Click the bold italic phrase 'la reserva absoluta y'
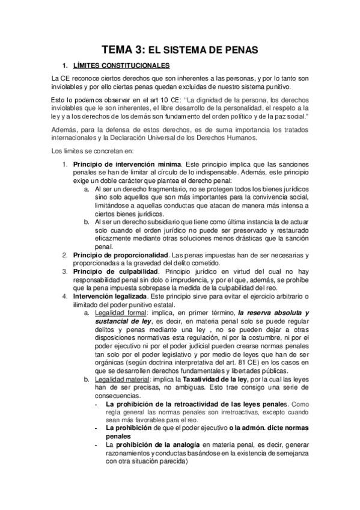(273, 313)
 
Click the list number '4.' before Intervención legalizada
(66, 296)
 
